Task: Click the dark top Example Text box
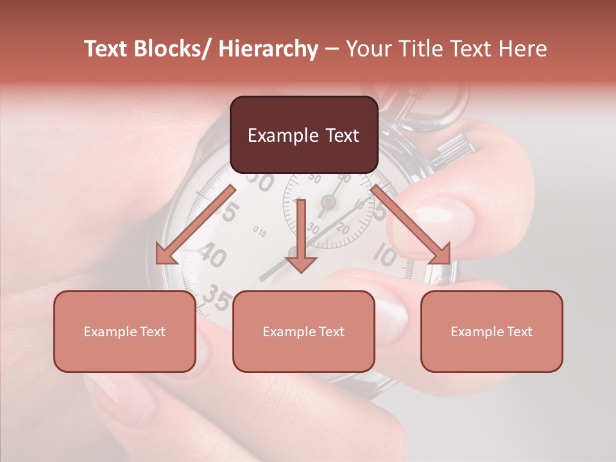[x=304, y=135]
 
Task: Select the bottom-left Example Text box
[x=124, y=332]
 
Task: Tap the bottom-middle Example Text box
[x=304, y=332]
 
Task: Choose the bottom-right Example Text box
[x=492, y=332]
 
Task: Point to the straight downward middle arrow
[x=302, y=237]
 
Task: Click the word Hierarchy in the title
[x=268, y=49]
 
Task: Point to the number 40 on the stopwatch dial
[x=211, y=256]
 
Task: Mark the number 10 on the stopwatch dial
[x=385, y=257]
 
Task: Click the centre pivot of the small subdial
[x=328, y=203]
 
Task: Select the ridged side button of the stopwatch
[x=456, y=148]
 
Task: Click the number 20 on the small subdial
[x=343, y=229]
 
